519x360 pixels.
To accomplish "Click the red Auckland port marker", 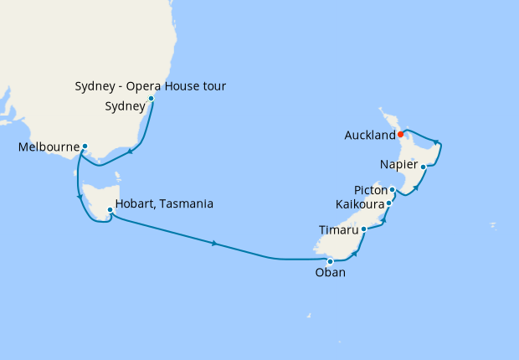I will click(x=401, y=134).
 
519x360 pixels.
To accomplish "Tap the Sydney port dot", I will click(x=151, y=99).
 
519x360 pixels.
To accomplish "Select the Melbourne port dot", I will click(x=85, y=147).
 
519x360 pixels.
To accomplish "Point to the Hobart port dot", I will click(x=110, y=209).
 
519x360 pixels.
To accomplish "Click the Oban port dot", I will click(x=330, y=261).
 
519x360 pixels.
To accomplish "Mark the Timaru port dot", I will click(x=363, y=229).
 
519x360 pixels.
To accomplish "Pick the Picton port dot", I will click(x=392, y=190).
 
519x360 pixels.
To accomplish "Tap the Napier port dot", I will click(x=424, y=167).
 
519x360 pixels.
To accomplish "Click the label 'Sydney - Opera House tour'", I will click(x=151, y=86).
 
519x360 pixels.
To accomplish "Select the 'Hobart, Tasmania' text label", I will click(x=165, y=203).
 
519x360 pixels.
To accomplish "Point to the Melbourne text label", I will click(x=48, y=147).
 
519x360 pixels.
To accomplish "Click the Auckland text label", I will click(x=369, y=135).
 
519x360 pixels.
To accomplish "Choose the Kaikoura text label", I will click(x=359, y=204).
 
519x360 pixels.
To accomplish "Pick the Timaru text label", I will click(x=339, y=229).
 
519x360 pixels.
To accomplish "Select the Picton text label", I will click(x=371, y=191).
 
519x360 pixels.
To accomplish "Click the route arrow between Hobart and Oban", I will click(x=216, y=244).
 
